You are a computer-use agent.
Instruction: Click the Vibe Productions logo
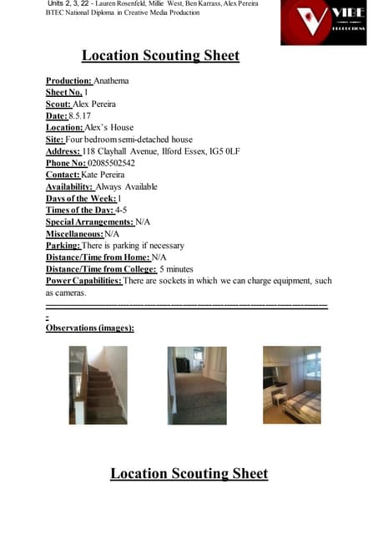click(323, 23)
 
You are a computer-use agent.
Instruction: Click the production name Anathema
click(112, 81)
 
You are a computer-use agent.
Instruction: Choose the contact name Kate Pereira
click(106, 175)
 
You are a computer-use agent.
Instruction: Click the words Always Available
click(126, 186)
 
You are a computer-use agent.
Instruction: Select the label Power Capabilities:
click(83, 281)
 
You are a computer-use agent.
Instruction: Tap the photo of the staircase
click(98, 385)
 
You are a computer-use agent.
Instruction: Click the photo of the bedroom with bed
click(292, 385)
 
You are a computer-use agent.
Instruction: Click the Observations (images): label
click(89, 328)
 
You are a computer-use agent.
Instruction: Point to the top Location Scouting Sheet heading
click(160, 56)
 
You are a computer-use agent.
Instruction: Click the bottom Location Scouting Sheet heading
click(189, 474)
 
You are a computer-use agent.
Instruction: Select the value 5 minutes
click(176, 269)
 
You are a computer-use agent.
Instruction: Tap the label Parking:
click(63, 246)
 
